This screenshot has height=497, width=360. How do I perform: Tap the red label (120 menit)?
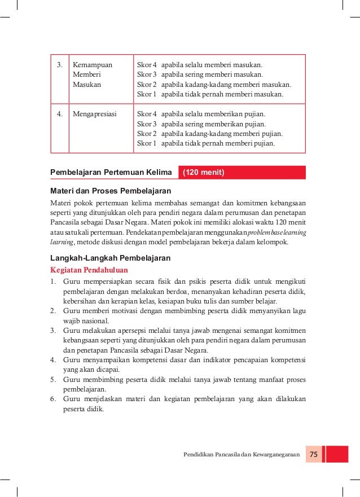[x=205, y=173]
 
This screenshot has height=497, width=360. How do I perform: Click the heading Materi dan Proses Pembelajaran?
[x=111, y=190]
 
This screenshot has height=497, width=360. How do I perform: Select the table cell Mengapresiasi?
[x=94, y=113]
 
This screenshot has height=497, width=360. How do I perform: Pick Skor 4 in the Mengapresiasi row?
[x=147, y=113]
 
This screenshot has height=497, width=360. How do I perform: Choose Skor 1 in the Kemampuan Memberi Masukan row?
[x=147, y=95]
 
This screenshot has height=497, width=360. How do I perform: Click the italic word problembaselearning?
[x=275, y=232]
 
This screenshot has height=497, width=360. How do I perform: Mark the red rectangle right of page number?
[x=337, y=455]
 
